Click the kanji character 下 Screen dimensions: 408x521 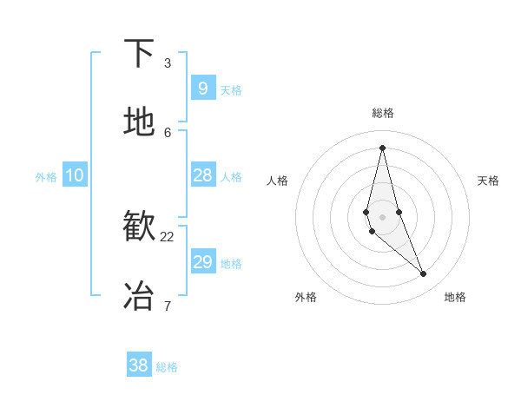[x=139, y=54]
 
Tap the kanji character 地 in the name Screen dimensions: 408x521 [x=139, y=122]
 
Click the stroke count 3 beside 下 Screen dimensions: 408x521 [x=168, y=63]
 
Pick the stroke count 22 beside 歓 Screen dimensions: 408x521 [x=168, y=236]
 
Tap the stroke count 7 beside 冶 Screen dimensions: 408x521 [x=168, y=306]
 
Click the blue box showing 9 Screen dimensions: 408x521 [x=202, y=89]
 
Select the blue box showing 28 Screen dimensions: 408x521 [x=202, y=175]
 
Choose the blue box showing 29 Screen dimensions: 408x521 [x=202, y=262]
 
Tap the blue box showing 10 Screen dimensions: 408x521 [x=75, y=175]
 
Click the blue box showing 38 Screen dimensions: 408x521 [x=139, y=365]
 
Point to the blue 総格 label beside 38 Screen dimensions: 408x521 [x=167, y=367]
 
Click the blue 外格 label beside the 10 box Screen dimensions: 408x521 [x=46, y=177]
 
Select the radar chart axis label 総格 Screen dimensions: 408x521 [x=382, y=113]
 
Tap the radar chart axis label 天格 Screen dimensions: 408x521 [x=488, y=181]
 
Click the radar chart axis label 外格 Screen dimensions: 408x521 [x=306, y=297]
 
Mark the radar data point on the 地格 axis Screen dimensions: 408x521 [x=424, y=274]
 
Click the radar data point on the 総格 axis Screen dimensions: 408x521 [x=382, y=147]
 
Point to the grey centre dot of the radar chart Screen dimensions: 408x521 [x=382, y=216]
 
